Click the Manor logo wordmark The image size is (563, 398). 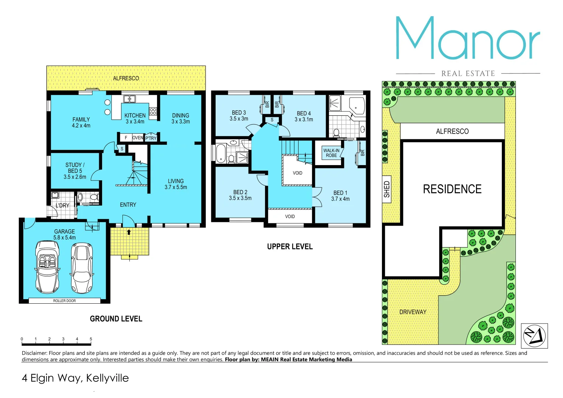click(x=468, y=39)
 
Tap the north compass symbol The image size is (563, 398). click(x=534, y=336)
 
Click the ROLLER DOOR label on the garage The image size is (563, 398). click(x=65, y=301)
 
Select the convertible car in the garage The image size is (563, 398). click(x=47, y=267)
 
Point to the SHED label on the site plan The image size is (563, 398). click(x=387, y=189)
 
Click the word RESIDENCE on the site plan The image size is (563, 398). click(x=452, y=189)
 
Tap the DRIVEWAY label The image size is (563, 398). click(x=413, y=312)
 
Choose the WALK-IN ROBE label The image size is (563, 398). click(x=331, y=153)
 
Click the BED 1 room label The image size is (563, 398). click(x=340, y=196)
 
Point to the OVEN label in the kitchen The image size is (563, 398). click(x=138, y=138)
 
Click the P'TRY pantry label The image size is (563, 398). click(x=151, y=138)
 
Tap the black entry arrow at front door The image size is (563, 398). click(x=129, y=232)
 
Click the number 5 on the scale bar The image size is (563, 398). click(x=91, y=339)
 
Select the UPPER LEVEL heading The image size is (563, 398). click(x=290, y=247)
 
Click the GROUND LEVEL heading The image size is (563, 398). click(x=116, y=319)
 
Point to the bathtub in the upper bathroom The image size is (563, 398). click(x=220, y=153)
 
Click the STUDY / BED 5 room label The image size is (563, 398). click(x=75, y=171)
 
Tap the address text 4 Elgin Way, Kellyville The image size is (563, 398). click(x=75, y=378)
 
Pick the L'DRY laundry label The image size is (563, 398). click(x=62, y=205)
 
